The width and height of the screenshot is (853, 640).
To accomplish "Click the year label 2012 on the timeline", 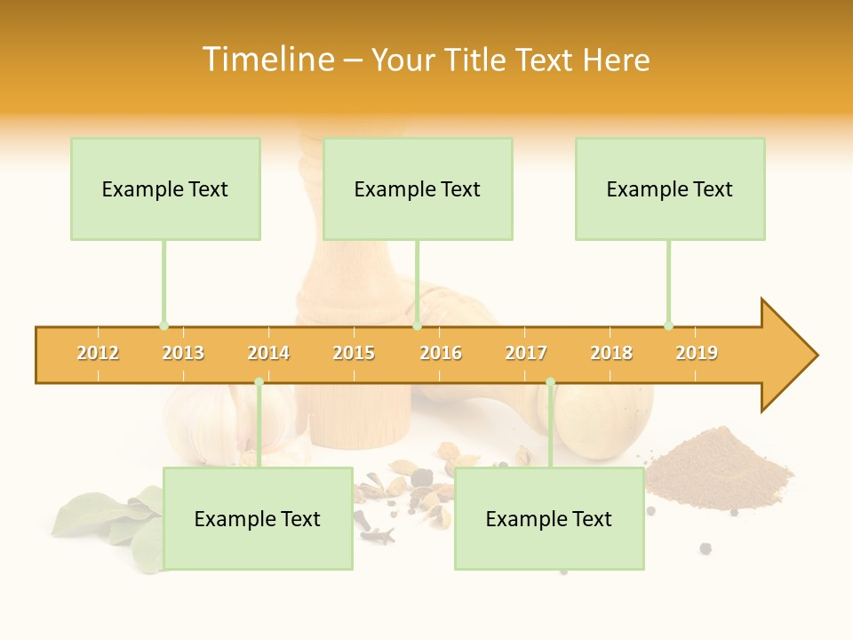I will tap(98, 353).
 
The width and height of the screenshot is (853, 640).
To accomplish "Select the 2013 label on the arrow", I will tap(183, 353).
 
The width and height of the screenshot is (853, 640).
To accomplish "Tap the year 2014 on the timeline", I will tap(268, 353).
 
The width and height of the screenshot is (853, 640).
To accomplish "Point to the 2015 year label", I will tap(354, 353).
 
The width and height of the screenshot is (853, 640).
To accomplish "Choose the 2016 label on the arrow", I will tap(441, 353).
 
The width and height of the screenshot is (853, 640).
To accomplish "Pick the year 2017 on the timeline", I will tap(526, 353).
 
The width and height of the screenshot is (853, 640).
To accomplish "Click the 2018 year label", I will tap(611, 353).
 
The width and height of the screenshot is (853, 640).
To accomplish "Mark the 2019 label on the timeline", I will tap(697, 353).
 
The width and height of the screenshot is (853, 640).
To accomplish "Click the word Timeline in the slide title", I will tap(267, 60).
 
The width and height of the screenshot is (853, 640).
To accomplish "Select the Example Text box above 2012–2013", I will tap(165, 188).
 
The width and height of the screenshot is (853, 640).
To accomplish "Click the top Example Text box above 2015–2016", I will tap(418, 188).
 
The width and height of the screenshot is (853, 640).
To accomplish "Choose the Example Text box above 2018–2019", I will tap(670, 188).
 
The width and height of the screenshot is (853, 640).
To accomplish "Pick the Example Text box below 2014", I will tap(258, 518).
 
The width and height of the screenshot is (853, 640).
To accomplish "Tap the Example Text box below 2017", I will tap(549, 518).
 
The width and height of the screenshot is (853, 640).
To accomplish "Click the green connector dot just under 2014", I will tap(259, 382).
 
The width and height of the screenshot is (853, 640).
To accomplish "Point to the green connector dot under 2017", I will tap(550, 382).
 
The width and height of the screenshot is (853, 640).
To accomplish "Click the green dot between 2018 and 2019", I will tap(668, 325).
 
